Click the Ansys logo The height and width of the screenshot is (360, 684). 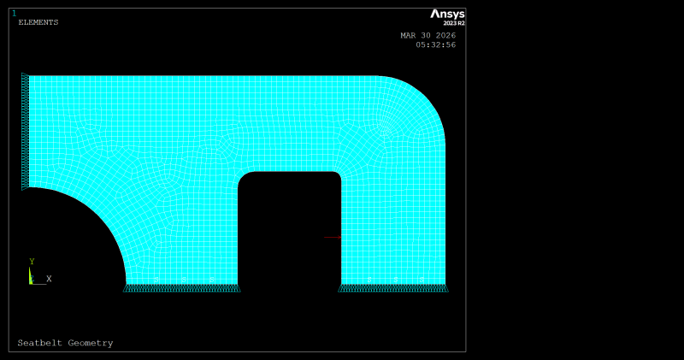tap(447, 14)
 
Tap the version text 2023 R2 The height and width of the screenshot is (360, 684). tap(454, 23)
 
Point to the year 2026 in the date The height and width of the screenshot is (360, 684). tap(445, 36)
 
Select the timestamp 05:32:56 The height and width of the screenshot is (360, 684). tap(435, 44)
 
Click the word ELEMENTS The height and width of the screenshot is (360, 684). tap(38, 22)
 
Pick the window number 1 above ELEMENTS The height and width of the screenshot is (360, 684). tap(14, 13)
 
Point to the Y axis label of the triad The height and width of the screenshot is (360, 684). tap(32, 262)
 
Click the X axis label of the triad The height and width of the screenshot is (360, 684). tap(49, 279)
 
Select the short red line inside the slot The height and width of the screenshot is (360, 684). tap(332, 237)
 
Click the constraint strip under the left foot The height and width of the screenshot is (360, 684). tap(181, 288)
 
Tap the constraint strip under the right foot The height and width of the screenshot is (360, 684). tap(393, 288)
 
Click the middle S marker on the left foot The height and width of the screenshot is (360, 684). tap(184, 280)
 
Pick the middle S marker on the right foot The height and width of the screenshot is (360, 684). tap(395, 280)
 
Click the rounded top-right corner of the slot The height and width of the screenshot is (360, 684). tap(337, 176)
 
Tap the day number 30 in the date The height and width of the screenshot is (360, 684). tap(427, 36)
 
